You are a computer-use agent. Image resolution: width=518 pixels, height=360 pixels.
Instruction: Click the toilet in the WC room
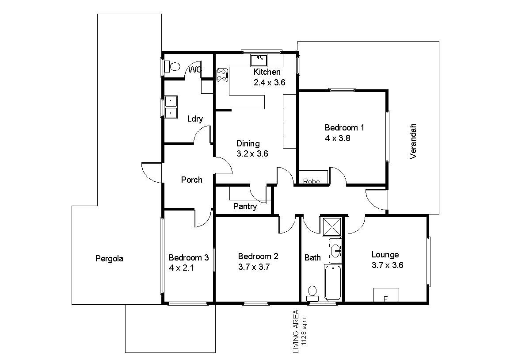tap(172, 66)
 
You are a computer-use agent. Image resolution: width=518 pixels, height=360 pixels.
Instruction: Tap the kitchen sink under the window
tap(259, 60)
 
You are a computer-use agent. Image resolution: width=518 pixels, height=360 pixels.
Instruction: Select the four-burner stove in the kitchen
tap(222, 75)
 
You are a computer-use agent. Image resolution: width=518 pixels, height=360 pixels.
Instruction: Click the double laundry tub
tap(171, 107)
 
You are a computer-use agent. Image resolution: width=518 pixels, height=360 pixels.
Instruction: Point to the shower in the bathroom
tap(332, 227)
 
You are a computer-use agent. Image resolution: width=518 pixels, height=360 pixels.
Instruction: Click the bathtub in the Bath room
tap(333, 282)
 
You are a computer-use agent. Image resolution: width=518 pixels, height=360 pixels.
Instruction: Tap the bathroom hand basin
tap(335, 251)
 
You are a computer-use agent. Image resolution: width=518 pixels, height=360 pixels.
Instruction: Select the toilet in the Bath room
tap(312, 294)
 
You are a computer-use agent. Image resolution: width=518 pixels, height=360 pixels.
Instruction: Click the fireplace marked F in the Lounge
tap(386, 295)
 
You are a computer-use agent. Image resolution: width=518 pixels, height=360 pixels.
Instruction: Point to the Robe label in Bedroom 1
tap(311, 181)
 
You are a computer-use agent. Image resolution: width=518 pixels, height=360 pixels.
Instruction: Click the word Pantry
tap(245, 207)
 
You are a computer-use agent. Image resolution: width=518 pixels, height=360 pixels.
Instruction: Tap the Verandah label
tap(413, 141)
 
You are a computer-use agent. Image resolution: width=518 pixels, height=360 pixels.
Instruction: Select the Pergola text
tap(109, 259)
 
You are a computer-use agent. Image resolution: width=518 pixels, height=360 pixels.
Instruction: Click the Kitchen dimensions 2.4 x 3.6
tap(269, 82)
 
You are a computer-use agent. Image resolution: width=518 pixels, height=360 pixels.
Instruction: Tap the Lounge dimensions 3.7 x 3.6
tap(387, 265)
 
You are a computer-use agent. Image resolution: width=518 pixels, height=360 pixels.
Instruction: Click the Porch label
tap(192, 180)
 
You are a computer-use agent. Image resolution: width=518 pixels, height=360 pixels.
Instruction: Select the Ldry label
tap(195, 119)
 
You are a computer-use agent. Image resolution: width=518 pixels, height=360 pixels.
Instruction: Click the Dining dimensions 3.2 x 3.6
tap(252, 154)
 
